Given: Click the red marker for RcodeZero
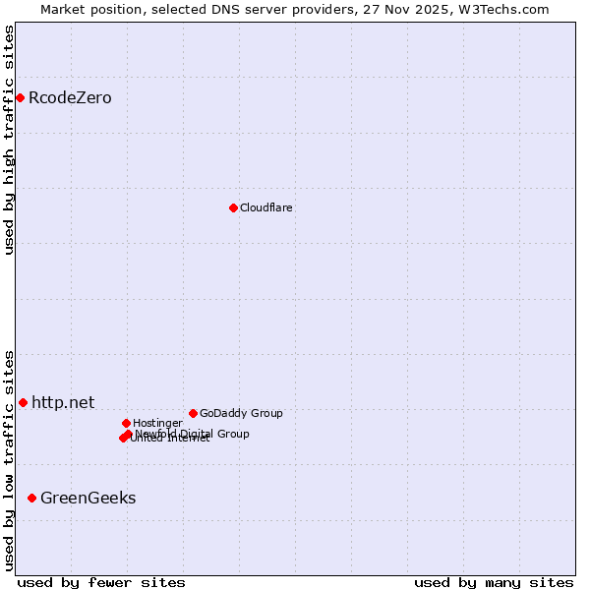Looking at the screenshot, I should click(x=20, y=97).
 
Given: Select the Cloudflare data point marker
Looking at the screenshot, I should click(x=233, y=207).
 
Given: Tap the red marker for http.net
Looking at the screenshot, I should click(x=23, y=402).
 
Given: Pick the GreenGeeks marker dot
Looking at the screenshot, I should click(x=31, y=498).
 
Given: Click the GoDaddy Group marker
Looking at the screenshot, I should click(x=193, y=413).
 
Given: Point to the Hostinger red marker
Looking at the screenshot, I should click(x=126, y=423).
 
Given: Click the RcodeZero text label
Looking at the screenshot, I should click(x=70, y=97).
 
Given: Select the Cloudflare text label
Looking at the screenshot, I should click(x=266, y=207).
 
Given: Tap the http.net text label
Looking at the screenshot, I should click(x=63, y=402).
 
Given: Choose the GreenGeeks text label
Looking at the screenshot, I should click(x=88, y=498).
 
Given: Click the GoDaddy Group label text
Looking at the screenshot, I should click(x=241, y=413).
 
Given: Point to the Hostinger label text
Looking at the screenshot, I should click(x=157, y=423).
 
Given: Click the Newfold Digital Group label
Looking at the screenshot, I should click(x=193, y=433).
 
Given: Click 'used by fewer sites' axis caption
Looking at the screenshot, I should click(x=101, y=582).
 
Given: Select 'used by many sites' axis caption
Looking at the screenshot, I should click(x=494, y=582).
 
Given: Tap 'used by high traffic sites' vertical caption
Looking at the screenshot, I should click(x=10, y=140).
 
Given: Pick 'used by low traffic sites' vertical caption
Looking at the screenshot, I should click(x=10, y=460).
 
